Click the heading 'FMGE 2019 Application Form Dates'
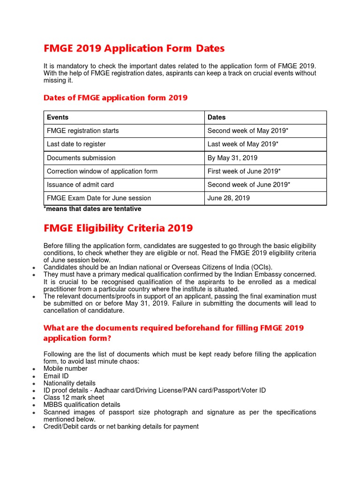point(134,48)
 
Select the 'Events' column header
point(58,117)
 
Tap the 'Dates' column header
point(217,117)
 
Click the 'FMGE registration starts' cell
point(83,131)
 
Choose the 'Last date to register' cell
point(76,144)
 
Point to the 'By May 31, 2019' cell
point(232,158)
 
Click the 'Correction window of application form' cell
point(102,171)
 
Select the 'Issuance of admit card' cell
point(80,185)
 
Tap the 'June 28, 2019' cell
point(229,198)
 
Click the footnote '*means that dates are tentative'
point(92,209)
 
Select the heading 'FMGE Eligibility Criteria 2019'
point(118,228)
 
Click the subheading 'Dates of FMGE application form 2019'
point(115,97)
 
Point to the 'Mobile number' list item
point(66,368)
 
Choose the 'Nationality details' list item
point(69,383)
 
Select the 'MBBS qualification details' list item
point(82,405)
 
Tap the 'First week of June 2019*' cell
point(243,171)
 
